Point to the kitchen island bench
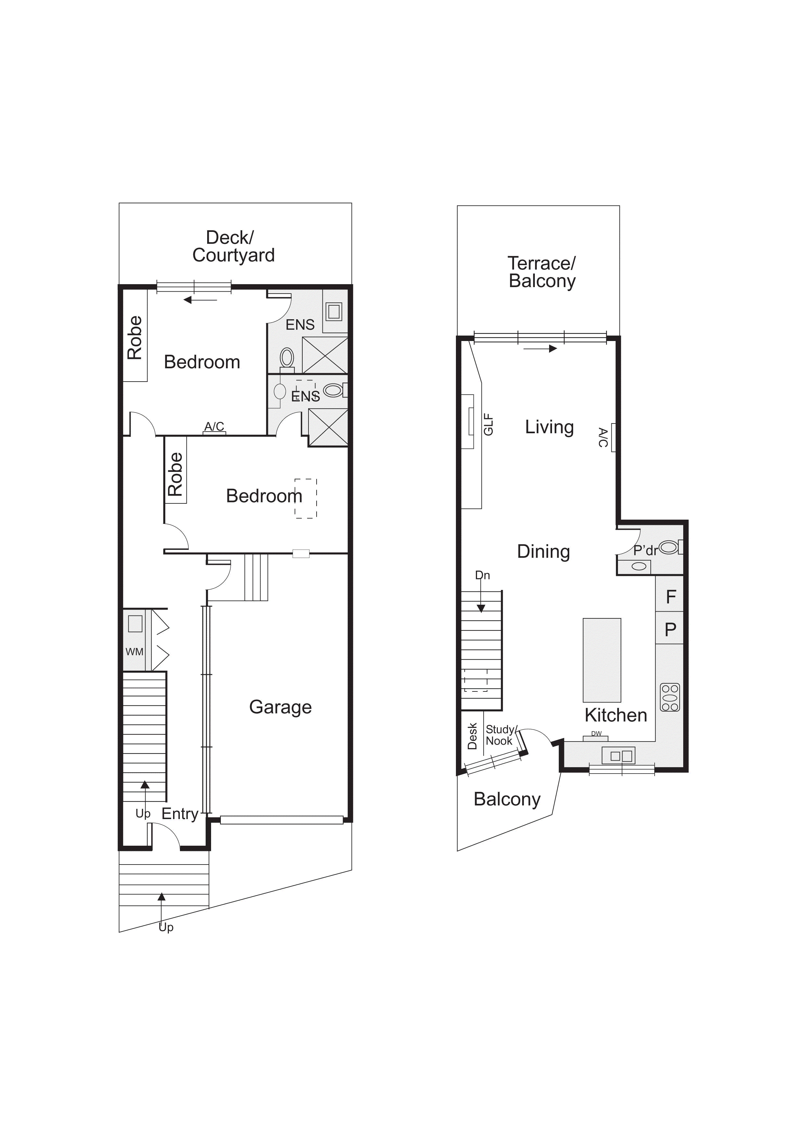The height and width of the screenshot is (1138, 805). point(601,660)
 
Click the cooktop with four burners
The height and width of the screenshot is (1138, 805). point(670,697)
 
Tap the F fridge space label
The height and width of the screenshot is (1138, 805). point(671,597)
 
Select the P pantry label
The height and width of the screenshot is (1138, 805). point(670,629)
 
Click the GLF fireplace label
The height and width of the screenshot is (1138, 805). point(488,425)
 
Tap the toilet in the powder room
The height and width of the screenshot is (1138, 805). point(668,547)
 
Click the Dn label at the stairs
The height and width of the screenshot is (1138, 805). point(482,575)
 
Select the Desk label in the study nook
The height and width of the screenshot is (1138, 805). point(472,736)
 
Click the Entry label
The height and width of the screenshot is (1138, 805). point(180,814)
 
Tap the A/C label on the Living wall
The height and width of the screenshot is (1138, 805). point(603,437)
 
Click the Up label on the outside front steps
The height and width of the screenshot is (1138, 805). point(166,927)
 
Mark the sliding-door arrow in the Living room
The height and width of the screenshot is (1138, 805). point(540,348)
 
